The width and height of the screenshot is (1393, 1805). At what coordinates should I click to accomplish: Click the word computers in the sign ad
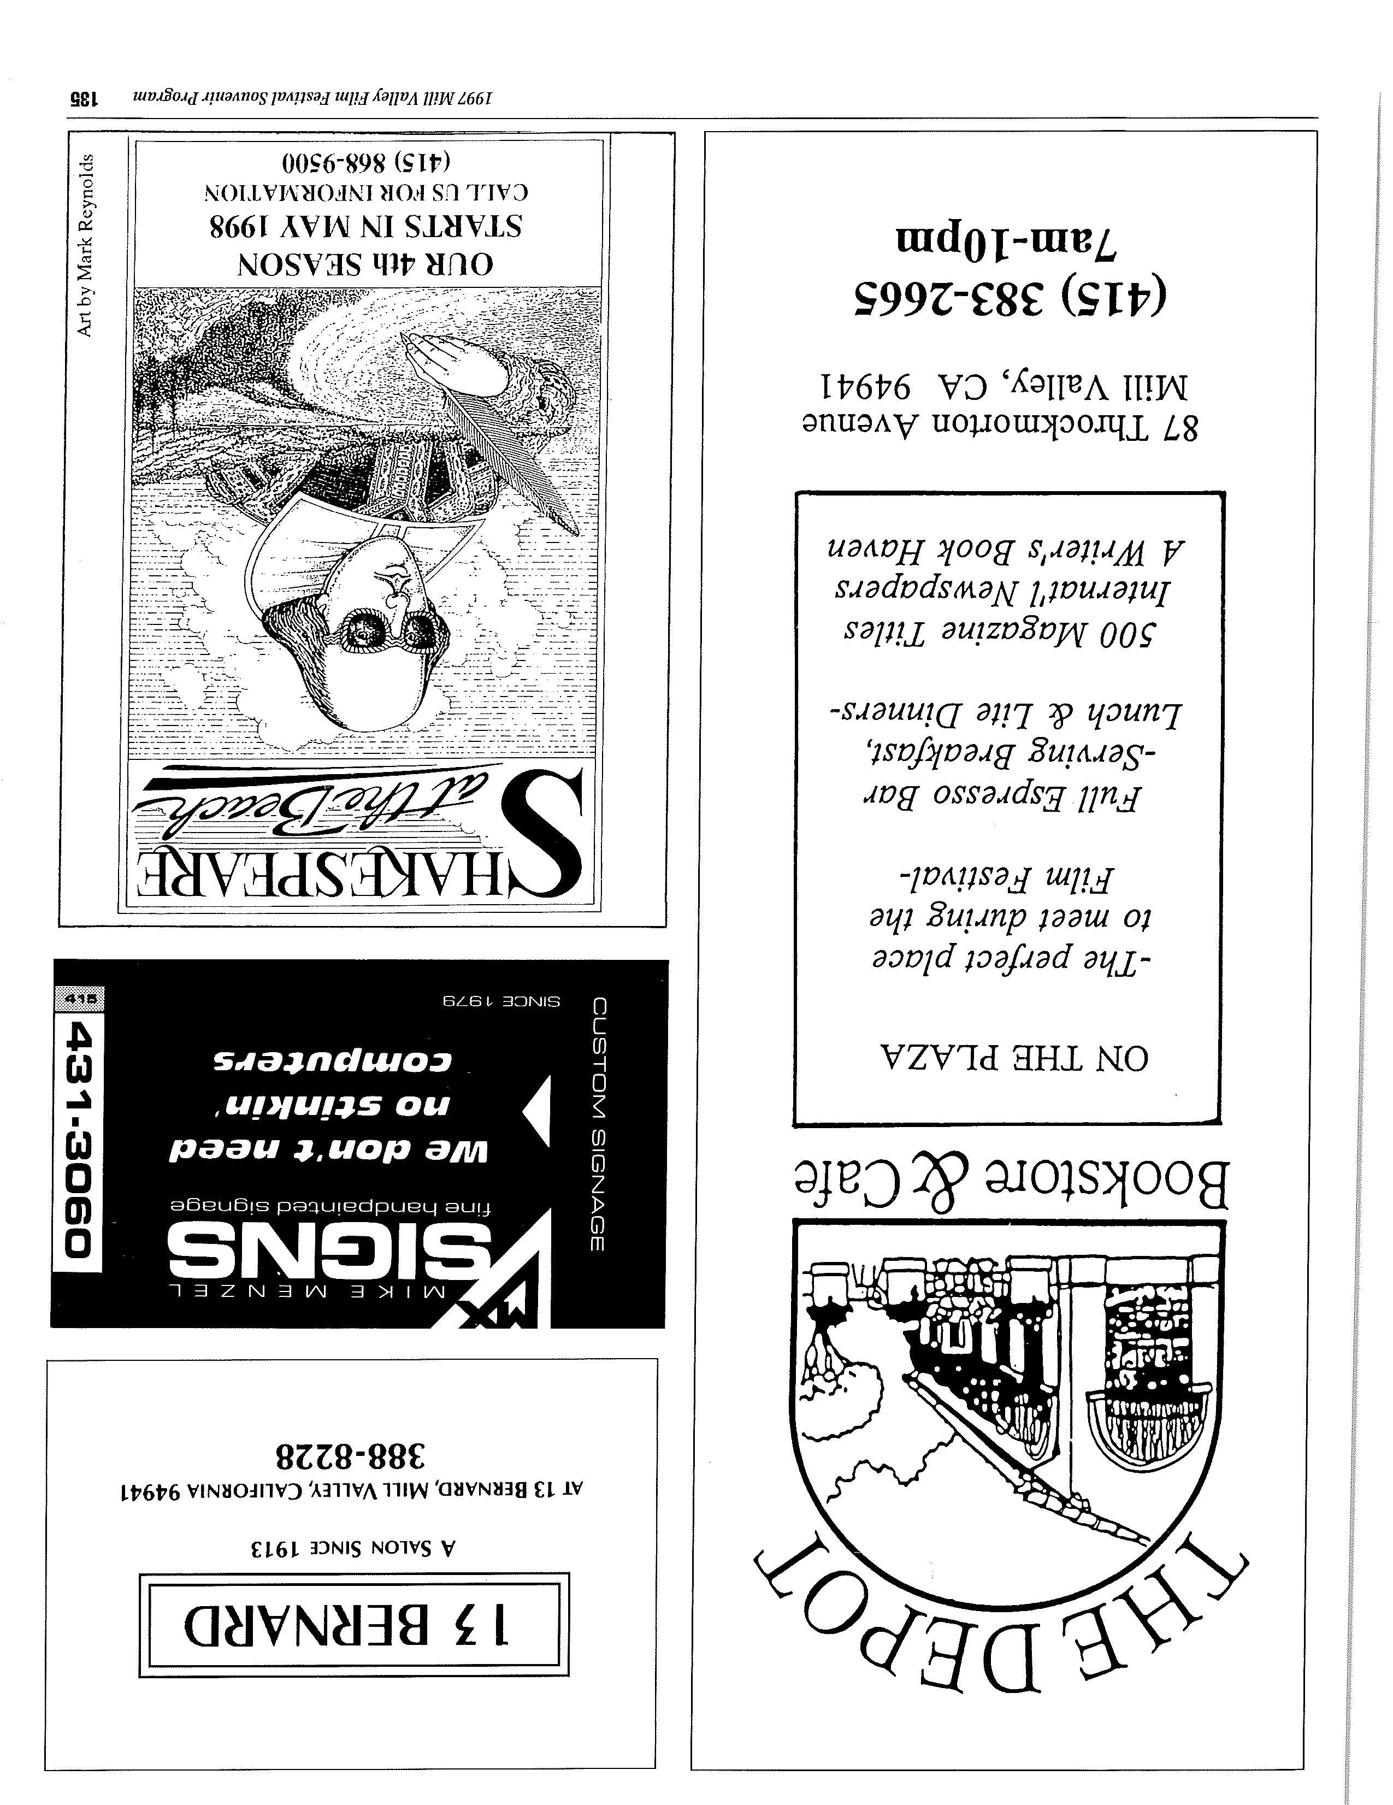[330, 1063]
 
